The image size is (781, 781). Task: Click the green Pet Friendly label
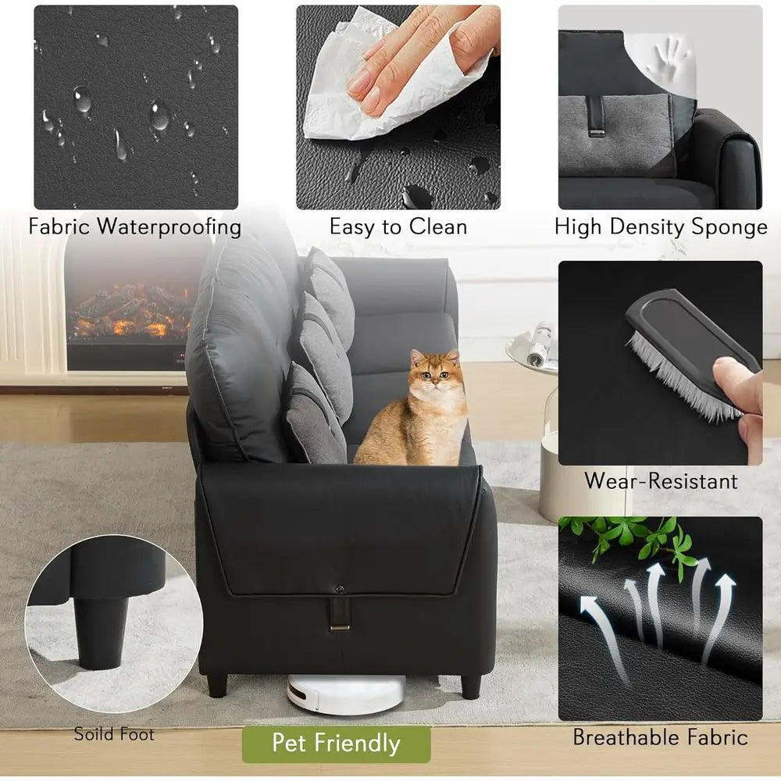coord(336,744)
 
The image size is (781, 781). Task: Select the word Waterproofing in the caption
coord(169,227)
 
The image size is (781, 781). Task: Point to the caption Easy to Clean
coord(398,227)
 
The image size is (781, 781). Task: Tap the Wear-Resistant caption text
coord(661,481)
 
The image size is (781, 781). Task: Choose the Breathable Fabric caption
coord(661,737)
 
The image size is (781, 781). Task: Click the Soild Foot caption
coord(114,734)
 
